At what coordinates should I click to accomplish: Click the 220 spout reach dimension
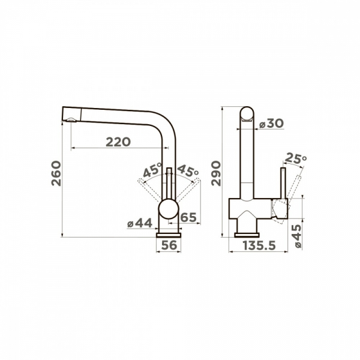point(118,142)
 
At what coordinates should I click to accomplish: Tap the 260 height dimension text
point(56,173)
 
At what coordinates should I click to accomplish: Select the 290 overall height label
point(216,173)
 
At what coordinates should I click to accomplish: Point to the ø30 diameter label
point(271,124)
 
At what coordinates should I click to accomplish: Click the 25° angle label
point(296,158)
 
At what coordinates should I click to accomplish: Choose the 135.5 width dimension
point(259,245)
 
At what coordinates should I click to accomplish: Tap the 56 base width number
point(169,245)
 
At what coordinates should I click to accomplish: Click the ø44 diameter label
point(140,223)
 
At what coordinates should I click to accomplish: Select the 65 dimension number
point(188,217)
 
